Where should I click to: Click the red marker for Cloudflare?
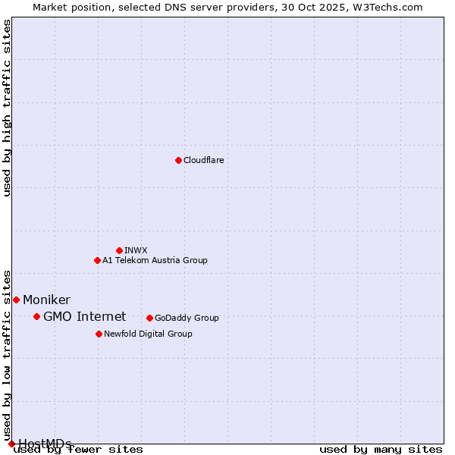coord(178,160)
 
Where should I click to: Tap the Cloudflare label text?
coord(204,160)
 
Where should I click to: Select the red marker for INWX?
coord(119,250)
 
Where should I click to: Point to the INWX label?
coord(136,250)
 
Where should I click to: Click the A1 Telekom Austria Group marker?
coord(97,260)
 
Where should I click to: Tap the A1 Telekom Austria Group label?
coord(155,260)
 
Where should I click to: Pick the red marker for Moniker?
coord(16,300)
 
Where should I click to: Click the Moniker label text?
coord(46,300)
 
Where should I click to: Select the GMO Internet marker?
coord(36,316)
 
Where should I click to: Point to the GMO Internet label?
coord(84,317)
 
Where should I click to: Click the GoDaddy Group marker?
coord(149,318)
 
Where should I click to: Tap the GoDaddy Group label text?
coord(187,318)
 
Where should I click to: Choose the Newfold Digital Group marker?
coord(99,334)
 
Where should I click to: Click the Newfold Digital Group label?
coord(148,334)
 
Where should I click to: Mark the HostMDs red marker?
coord(11,444)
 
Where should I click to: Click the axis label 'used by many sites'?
coord(381,450)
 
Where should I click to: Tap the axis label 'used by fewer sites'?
coord(79,450)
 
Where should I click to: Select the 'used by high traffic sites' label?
coord(8,108)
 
